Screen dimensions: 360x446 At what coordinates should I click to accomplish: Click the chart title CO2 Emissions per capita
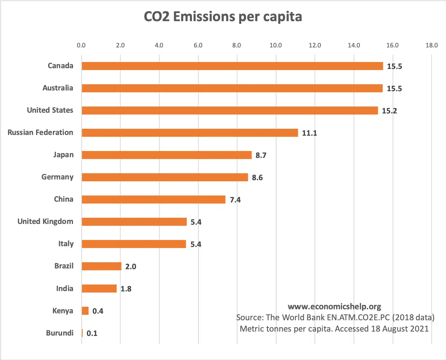[x=223, y=17]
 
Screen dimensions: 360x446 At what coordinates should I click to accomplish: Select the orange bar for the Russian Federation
[x=190, y=133]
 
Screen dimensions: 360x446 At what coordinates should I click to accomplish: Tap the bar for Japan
[x=166, y=155]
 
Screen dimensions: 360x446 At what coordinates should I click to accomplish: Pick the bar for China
[x=154, y=200]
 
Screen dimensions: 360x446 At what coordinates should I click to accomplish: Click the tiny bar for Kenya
[x=85, y=311]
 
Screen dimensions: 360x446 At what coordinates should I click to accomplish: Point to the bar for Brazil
[x=101, y=266]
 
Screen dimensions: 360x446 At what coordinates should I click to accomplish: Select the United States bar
[x=230, y=111]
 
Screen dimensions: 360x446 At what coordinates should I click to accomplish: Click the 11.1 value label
[x=309, y=133]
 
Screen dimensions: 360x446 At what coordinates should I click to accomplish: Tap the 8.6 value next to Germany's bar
[x=257, y=178]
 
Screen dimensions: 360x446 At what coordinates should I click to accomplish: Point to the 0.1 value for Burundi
[x=92, y=333]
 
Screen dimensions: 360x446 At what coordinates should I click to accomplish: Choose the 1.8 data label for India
[x=126, y=289]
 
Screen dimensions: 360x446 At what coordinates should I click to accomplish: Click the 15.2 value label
[x=389, y=111]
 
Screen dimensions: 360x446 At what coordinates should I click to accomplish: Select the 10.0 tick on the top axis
[x=276, y=45]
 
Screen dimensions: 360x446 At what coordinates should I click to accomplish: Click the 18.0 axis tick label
[x=431, y=45]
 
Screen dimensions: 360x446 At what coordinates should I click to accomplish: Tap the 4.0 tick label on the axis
[x=159, y=45]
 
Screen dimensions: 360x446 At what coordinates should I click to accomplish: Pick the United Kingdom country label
[x=45, y=221]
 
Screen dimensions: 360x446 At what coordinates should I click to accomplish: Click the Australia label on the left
[x=58, y=88]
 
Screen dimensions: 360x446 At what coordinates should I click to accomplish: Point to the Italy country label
[x=66, y=244]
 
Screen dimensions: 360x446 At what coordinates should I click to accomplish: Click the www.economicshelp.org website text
[x=334, y=307]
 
